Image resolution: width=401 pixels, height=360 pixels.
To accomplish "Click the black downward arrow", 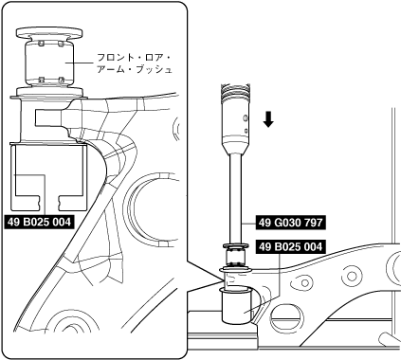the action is [268, 119].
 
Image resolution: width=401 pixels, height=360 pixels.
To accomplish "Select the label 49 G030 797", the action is [290, 223].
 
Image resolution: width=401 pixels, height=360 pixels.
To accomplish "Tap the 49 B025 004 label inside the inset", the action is [39, 223].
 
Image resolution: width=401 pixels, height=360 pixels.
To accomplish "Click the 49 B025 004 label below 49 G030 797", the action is [290, 246].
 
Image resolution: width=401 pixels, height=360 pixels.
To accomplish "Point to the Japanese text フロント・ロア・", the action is [133, 58].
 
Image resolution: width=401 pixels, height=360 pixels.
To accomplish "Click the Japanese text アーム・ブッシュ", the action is [135, 70].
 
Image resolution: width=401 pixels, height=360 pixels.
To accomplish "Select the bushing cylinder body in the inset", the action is [49, 63].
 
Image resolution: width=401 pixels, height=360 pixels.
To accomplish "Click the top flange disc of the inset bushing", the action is [49, 32].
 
